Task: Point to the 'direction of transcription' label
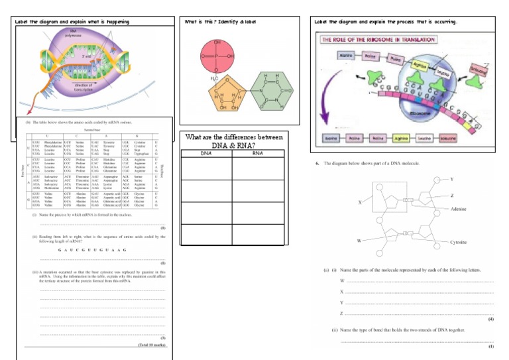(84, 88)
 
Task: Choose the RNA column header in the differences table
(258, 153)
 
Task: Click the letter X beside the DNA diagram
(360, 202)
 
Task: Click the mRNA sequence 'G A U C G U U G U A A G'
(90, 250)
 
